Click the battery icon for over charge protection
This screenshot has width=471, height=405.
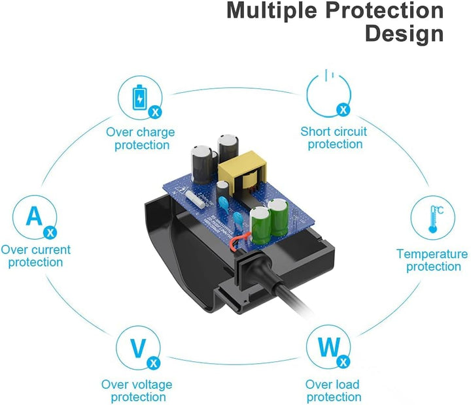tap(141, 97)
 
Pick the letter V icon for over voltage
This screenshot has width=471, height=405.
tap(138, 349)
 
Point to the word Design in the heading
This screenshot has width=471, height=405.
tap(404, 33)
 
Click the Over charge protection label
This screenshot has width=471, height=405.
tap(141, 138)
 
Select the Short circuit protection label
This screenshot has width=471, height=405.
tap(334, 138)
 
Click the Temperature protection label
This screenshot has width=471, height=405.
tap(432, 260)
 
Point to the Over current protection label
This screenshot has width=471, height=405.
tap(36, 255)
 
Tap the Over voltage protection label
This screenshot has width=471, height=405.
tap(137, 391)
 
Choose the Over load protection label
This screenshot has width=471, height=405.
tap(333, 391)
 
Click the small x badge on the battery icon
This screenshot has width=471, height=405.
tap(155, 112)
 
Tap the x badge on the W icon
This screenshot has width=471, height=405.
tap(343, 361)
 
